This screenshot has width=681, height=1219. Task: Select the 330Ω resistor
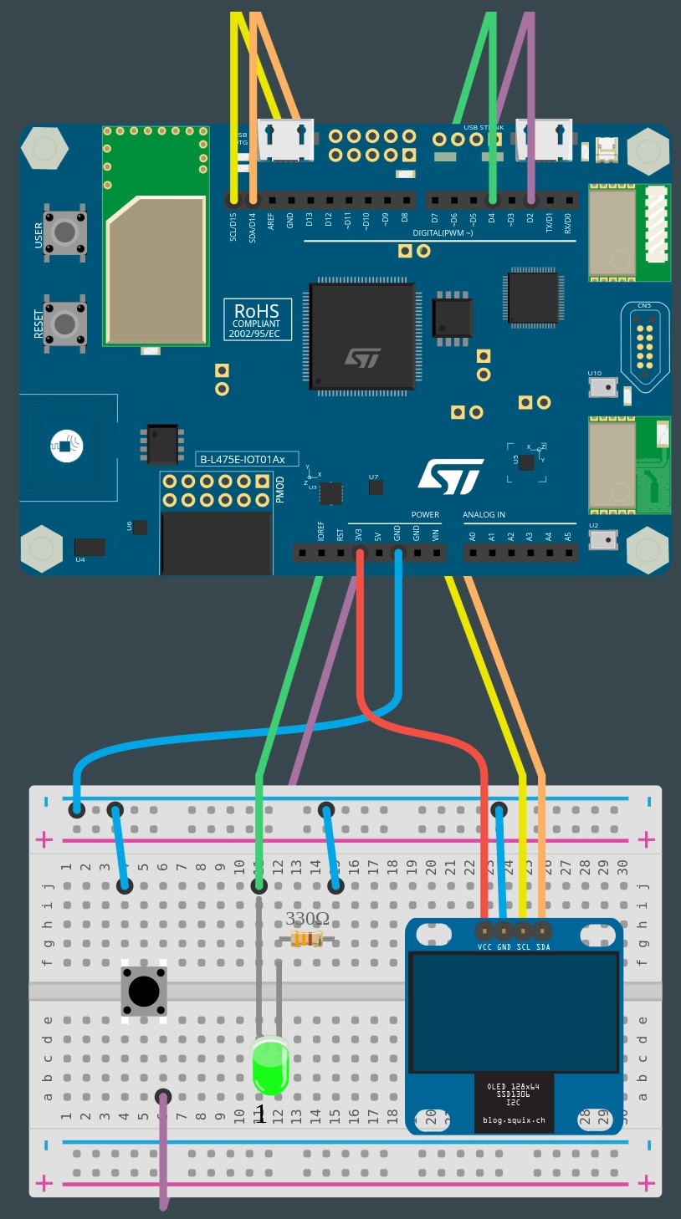coord(307,940)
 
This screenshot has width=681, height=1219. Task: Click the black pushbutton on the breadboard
coord(144,992)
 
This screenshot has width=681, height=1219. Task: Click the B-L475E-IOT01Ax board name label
coord(242,459)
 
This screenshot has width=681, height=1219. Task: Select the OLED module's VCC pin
coord(484,930)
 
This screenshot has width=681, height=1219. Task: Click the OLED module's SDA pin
coord(542,930)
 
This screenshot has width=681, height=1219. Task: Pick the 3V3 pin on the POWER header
coord(360,553)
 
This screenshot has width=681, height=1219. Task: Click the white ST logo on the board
coord(450,477)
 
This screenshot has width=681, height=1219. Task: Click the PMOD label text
coord(280,489)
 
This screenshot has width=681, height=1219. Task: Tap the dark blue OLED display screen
coord(514,1013)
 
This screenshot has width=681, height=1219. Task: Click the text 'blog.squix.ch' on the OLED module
coord(514,1120)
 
